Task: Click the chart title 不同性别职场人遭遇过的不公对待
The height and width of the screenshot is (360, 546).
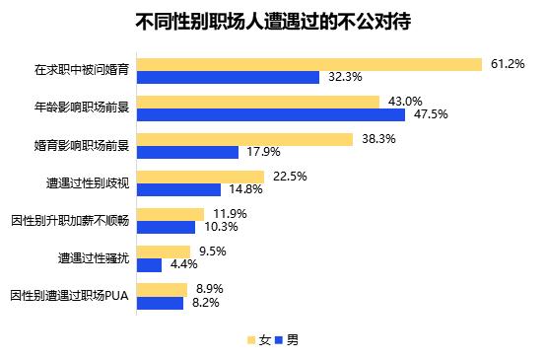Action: [x=272, y=21]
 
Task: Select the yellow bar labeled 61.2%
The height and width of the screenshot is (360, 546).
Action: [x=308, y=64]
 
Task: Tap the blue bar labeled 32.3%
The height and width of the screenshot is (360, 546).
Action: [x=228, y=77]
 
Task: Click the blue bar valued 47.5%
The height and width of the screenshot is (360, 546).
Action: [x=271, y=114]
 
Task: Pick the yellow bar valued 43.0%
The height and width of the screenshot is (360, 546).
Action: [x=257, y=102]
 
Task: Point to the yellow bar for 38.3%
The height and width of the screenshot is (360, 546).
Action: [x=244, y=139]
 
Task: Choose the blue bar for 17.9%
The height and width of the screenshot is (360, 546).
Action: [x=187, y=152]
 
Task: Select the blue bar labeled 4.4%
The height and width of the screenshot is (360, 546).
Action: [x=149, y=264]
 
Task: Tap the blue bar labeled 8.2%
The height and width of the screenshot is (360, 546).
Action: [x=160, y=302]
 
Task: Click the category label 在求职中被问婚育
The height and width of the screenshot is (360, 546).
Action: [x=83, y=71]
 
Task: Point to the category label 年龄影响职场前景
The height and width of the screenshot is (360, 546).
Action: [x=83, y=108]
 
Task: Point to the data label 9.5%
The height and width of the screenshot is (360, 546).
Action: [x=211, y=251]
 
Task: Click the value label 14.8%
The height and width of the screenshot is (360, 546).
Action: [x=245, y=189]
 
